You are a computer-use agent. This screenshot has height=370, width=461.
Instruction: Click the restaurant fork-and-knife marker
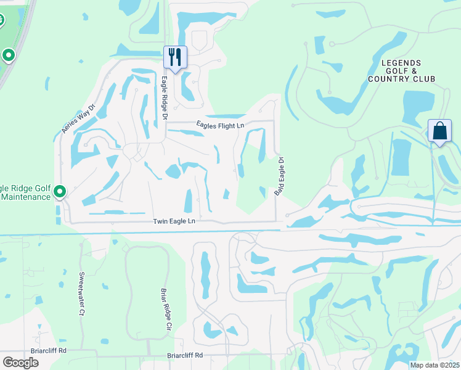(x=174, y=58)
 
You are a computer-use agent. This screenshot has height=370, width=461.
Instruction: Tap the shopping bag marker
(x=439, y=131)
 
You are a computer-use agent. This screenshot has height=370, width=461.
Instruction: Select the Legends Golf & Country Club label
(x=401, y=71)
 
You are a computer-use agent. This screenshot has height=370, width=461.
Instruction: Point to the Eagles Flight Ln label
(x=220, y=125)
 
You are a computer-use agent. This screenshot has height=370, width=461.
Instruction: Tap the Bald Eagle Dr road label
(x=279, y=177)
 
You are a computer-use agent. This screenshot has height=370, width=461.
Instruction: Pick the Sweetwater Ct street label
(x=81, y=294)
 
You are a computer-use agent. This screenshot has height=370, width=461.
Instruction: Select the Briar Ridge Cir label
(x=165, y=310)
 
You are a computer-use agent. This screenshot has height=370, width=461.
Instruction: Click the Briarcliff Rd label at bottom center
(x=185, y=355)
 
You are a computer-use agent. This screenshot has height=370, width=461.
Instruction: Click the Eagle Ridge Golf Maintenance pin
(x=60, y=192)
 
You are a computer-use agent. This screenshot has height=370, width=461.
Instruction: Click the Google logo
(x=20, y=362)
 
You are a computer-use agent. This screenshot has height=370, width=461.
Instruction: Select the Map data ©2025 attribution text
(x=434, y=365)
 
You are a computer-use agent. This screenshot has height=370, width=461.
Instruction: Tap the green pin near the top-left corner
(x=9, y=55)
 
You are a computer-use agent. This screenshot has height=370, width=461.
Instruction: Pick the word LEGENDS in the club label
(x=401, y=63)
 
